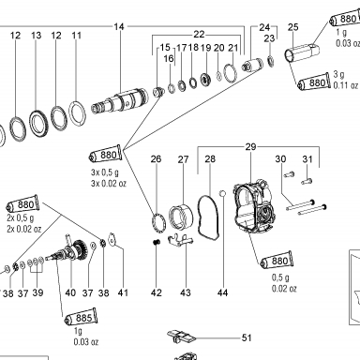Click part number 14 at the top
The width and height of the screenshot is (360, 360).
tap(119, 27)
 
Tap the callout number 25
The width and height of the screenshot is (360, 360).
tap(293, 27)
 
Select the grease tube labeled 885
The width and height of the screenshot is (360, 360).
tap(81, 318)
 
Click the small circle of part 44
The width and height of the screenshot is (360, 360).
tap(222, 194)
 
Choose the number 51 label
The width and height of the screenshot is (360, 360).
tap(247, 338)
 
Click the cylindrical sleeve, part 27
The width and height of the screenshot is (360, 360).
tap(180, 217)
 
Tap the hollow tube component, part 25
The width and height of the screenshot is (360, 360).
tap(302, 52)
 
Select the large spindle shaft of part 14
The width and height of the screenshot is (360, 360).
tap(119, 101)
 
